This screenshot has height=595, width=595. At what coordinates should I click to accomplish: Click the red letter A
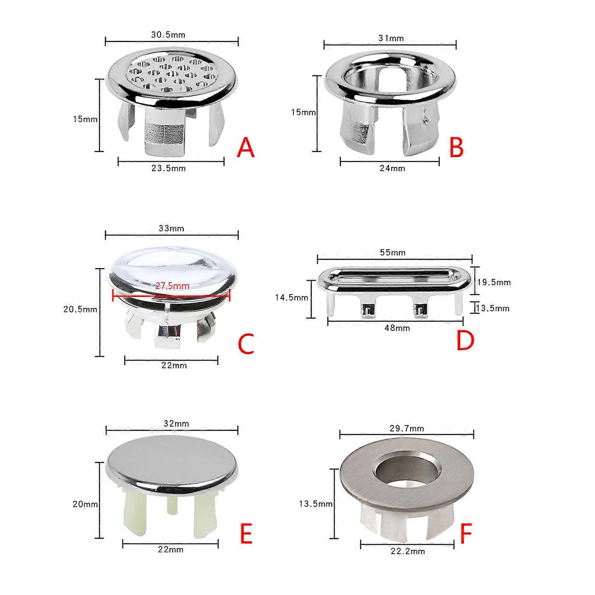click(x=246, y=148)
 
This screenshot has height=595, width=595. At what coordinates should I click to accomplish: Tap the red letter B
click(x=457, y=147)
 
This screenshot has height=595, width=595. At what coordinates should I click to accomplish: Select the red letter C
click(x=245, y=344)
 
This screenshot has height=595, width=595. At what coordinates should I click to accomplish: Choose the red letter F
click(x=466, y=534)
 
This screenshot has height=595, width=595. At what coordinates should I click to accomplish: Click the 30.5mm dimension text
click(x=168, y=35)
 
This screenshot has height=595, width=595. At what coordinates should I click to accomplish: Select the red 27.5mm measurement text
click(x=172, y=286)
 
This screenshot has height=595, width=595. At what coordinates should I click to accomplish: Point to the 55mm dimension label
click(x=393, y=253)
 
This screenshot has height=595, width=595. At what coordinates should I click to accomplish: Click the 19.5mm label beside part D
click(x=494, y=282)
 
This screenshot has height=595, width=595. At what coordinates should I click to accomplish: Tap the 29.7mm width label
click(x=407, y=428)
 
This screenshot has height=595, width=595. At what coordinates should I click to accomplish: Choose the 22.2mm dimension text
click(x=408, y=551)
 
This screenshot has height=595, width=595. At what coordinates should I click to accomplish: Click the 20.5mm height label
click(x=80, y=309)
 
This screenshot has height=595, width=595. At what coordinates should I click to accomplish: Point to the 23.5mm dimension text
click(x=168, y=168)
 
